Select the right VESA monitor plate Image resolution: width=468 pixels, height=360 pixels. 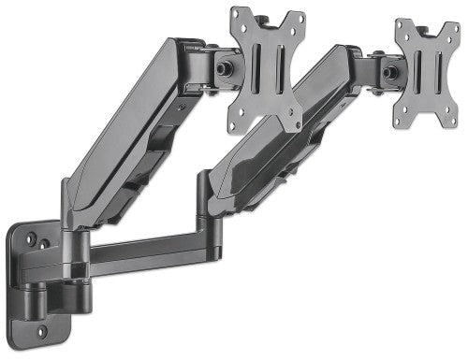click(x=427, y=73)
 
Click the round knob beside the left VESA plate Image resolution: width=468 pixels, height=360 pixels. click(x=226, y=70)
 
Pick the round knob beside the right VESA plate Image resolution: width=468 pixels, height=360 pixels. click(x=388, y=72)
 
